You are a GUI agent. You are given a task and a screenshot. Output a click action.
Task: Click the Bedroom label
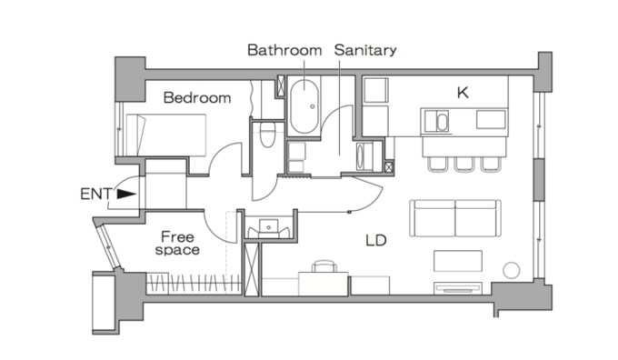click(x=197, y=98)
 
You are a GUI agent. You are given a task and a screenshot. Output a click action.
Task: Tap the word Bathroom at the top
click(x=284, y=50)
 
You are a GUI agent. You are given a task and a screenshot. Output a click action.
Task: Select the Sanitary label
click(x=365, y=51)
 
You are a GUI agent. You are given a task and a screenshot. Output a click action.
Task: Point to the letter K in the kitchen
click(x=463, y=93)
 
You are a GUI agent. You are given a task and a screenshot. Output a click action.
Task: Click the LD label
click(x=376, y=240)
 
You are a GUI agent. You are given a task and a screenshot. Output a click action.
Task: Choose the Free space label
click(x=177, y=244)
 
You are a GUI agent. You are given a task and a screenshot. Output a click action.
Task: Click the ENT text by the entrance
click(x=96, y=194)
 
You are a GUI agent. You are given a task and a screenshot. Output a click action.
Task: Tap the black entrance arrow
click(x=126, y=194)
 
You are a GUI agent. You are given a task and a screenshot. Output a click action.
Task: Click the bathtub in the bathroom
click(x=304, y=106)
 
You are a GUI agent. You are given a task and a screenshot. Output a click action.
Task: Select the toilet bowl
click(x=267, y=134)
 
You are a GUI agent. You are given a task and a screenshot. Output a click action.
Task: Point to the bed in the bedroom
click(x=166, y=135)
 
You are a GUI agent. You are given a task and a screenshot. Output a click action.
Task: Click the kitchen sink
click(x=436, y=121)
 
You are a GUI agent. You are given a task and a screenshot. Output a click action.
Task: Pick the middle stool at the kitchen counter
click(x=463, y=164)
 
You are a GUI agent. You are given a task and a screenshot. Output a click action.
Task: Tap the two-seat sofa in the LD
click(x=455, y=218)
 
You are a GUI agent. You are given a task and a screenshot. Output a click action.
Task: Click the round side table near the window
click(x=511, y=271)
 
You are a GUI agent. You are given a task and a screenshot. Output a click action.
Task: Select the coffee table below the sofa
click(x=457, y=261)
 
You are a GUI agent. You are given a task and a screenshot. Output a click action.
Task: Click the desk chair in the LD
click(x=324, y=266)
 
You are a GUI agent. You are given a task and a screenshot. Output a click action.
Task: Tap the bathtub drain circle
click(x=312, y=106)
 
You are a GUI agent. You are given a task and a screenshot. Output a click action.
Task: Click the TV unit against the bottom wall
click(x=457, y=288)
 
